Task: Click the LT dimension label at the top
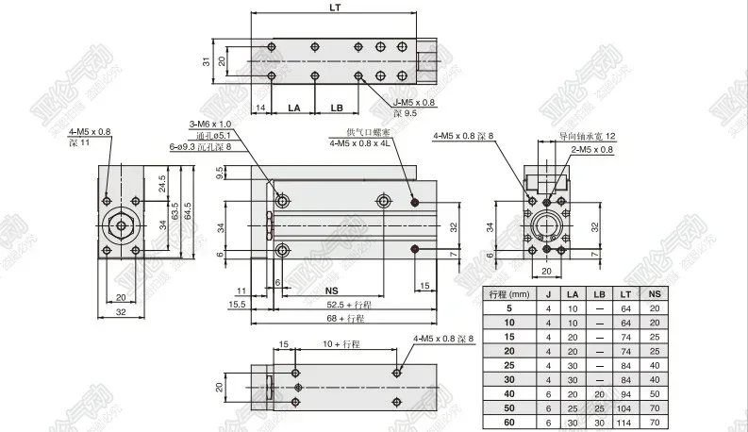tap(335, 8)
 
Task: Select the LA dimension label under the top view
tap(293, 108)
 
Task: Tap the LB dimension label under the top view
tap(337, 108)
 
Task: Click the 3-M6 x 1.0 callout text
tap(210, 125)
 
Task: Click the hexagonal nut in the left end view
tap(121, 226)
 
